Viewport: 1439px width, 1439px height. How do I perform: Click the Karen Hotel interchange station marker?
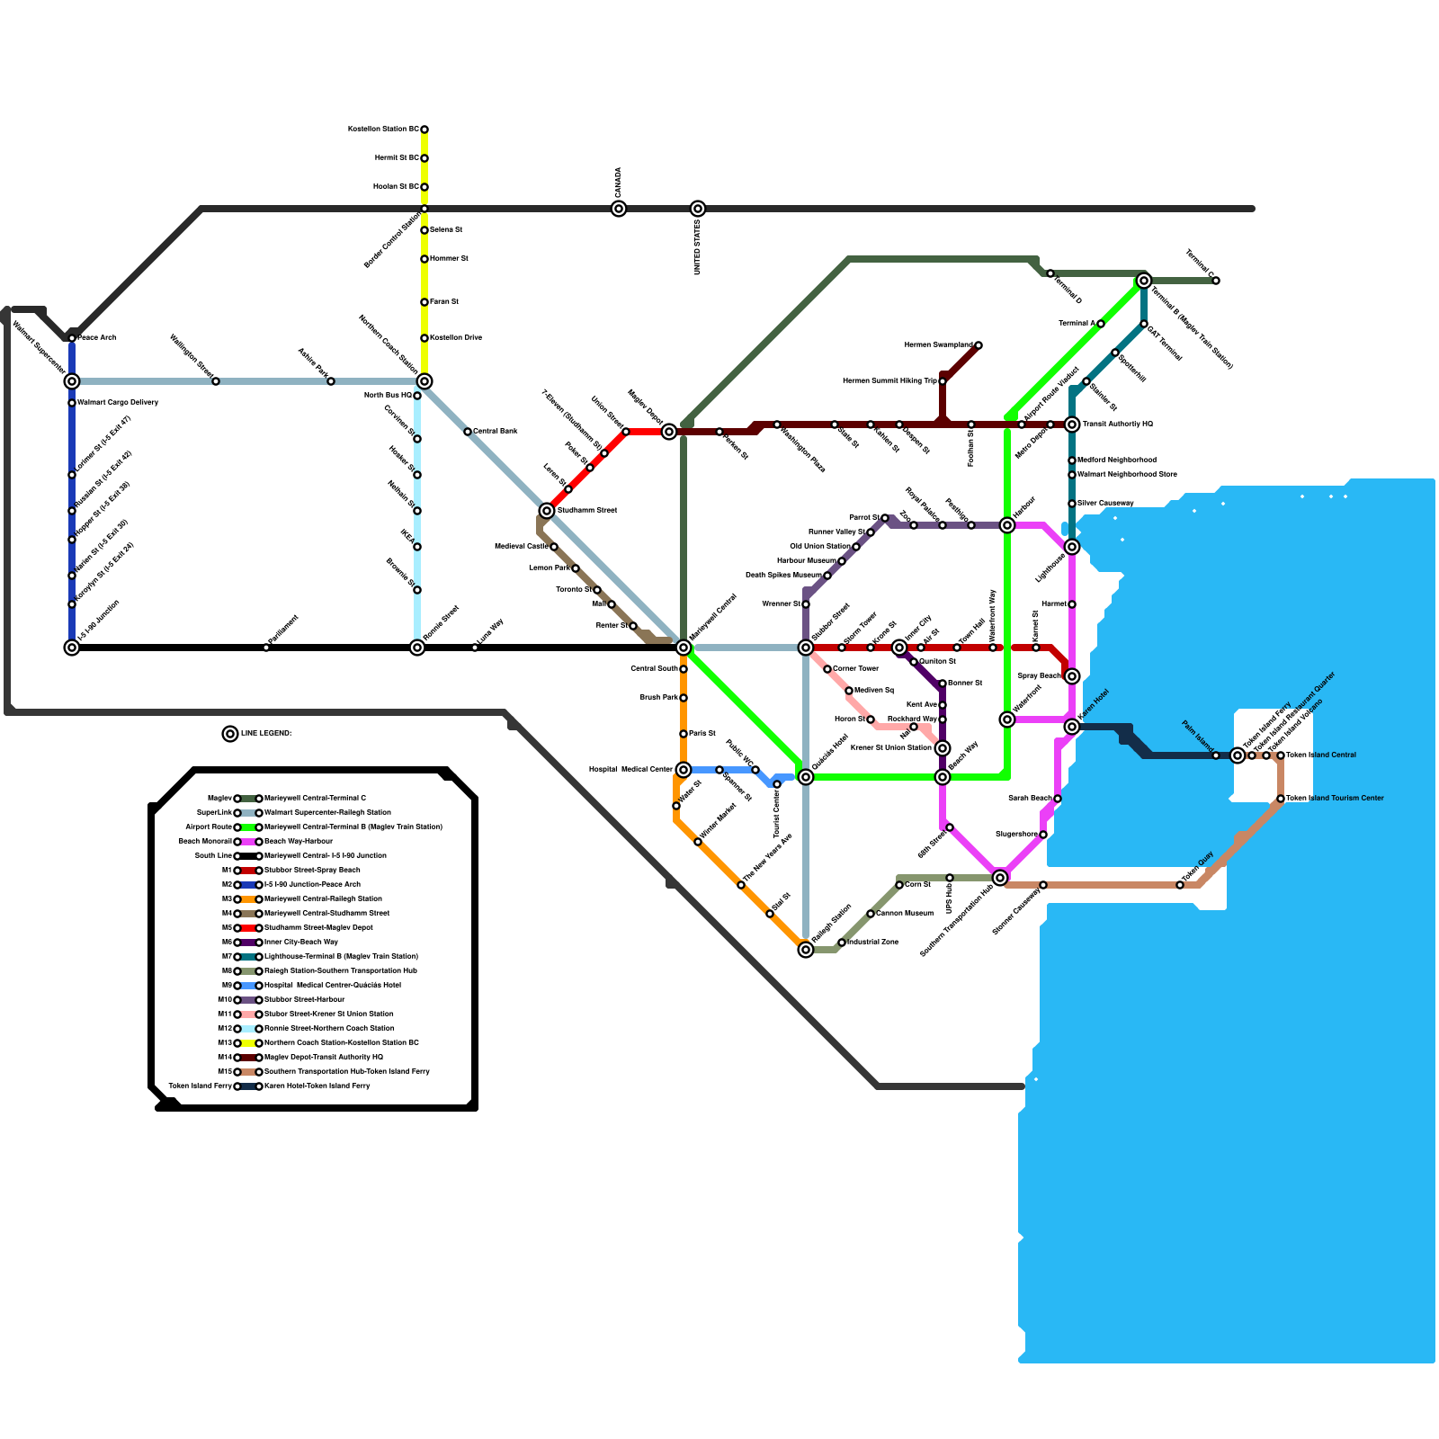tap(1072, 727)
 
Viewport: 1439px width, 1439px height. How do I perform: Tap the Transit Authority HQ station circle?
tap(1072, 425)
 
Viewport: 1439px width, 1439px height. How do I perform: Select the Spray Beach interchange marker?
tap(1072, 676)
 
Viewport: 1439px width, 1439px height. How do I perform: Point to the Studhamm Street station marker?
tap(547, 511)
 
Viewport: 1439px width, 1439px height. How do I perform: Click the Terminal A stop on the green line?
tap(1101, 324)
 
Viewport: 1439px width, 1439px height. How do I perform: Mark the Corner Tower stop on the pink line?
tap(827, 669)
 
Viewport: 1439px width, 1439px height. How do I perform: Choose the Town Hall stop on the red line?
tap(957, 648)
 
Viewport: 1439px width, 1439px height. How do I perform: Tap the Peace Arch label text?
tap(97, 338)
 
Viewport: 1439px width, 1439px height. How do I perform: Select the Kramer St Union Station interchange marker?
tap(943, 748)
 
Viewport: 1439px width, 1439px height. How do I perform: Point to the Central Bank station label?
tap(496, 432)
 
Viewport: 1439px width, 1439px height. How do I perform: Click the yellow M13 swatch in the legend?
tap(248, 1043)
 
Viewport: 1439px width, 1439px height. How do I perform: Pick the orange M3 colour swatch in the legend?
tap(248, 899)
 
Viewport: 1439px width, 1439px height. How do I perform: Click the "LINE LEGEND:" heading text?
tap(266, 734)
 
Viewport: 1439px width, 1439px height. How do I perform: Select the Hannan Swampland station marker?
tap(979, 345)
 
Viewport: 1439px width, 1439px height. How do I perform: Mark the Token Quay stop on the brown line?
tap(1180, 885)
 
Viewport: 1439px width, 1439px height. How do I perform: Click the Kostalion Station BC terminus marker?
tap(425, 130)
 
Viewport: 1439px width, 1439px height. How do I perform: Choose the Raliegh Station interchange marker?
tap(806, 950)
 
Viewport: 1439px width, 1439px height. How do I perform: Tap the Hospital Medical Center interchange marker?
tap(684, 770)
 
